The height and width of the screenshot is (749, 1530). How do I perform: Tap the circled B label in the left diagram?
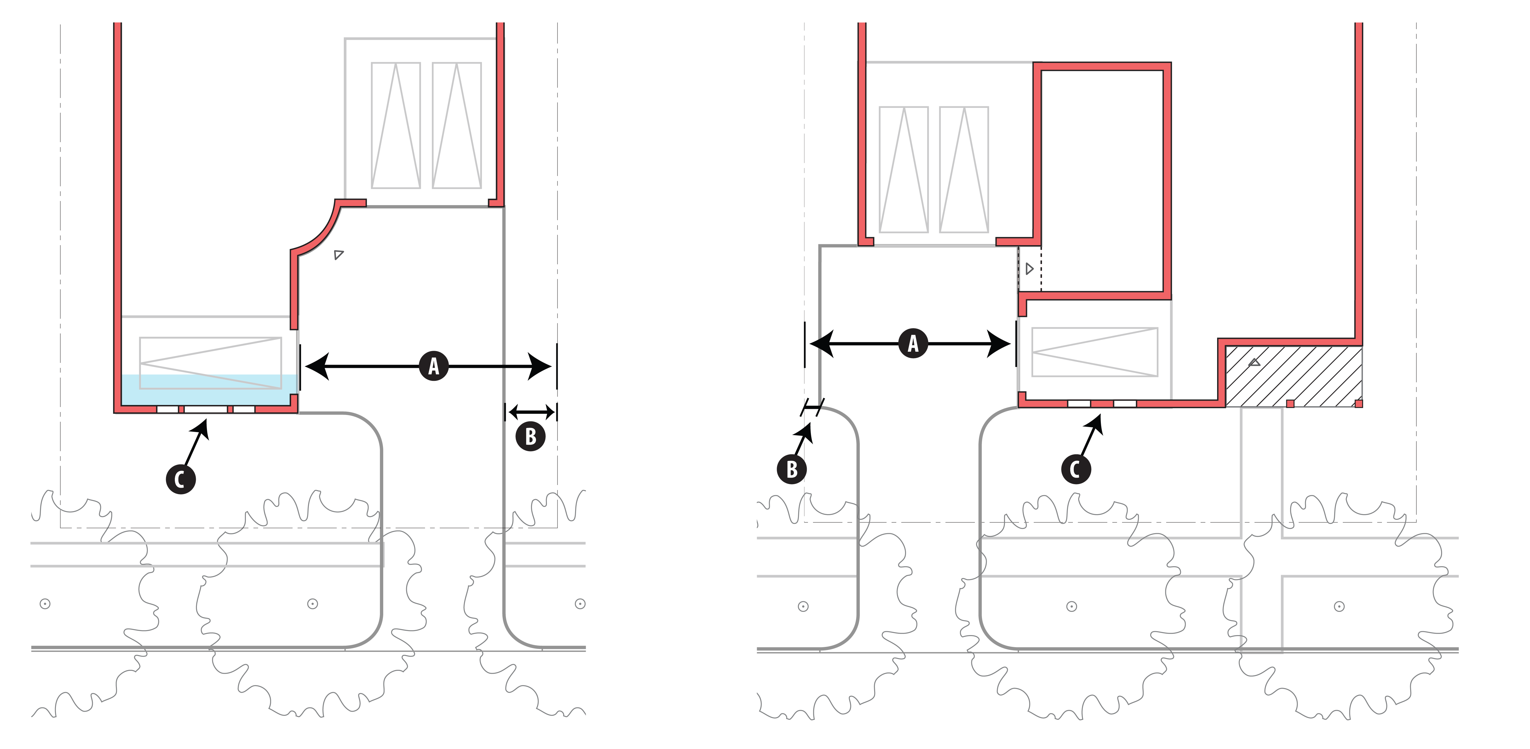coord(530,436)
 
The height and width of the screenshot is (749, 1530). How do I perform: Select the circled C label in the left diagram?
coord(180,479)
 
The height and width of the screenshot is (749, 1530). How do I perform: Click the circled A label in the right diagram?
coord(913,343)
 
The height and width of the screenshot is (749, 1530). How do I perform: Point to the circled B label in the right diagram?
coord(792,469)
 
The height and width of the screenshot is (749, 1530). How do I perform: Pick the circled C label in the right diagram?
coord(1076,469)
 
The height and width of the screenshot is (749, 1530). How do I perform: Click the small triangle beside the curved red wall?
coord(338,255)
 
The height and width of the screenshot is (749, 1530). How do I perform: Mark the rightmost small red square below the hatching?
coord(1358,404)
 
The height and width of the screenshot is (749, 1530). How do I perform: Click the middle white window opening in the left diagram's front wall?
coord(205,409)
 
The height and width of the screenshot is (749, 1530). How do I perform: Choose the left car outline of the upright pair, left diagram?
coord(396,125)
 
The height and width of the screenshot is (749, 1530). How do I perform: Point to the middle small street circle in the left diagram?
coord(312,604)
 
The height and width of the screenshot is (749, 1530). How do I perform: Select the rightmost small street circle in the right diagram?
coord(1339,607)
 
